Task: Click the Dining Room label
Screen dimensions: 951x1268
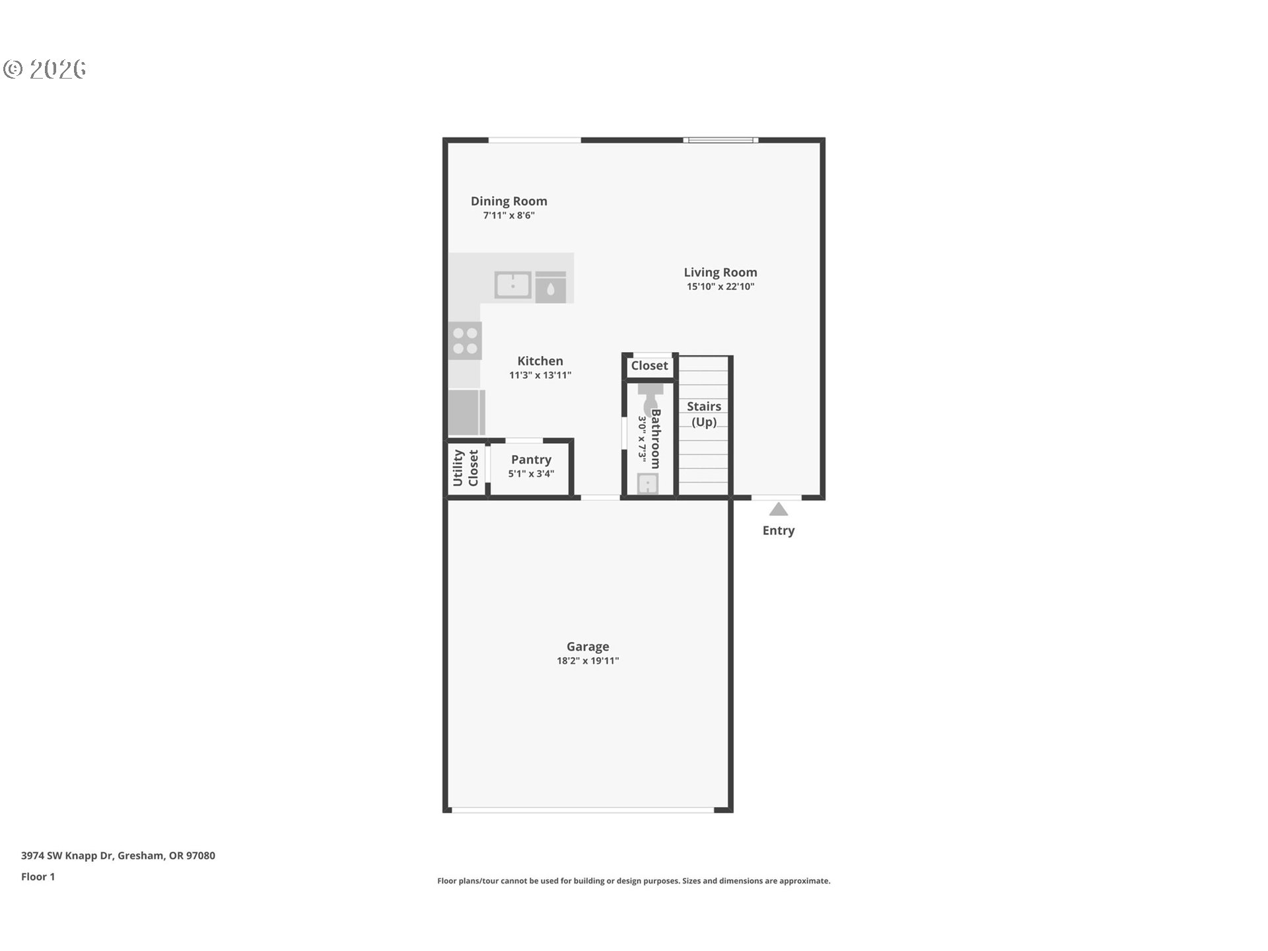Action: [509, 201]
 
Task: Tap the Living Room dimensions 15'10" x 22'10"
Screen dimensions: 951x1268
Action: [720, 287]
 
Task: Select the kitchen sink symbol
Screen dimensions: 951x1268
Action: [512, 285]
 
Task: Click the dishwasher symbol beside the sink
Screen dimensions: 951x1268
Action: [550, 287]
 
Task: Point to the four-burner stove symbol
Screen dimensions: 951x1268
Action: [465, 341]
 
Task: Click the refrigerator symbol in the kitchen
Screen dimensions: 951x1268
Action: [466, 412]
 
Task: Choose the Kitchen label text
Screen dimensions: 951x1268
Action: [540, 361]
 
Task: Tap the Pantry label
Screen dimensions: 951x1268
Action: [531, 460]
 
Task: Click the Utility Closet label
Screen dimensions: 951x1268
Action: [466, 468]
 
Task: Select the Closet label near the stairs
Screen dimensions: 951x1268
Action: [649, 365]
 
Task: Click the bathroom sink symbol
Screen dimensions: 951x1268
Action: [648, 484]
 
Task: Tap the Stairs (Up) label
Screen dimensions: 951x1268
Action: [703, 414]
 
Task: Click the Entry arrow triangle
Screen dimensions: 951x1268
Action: [778, 509]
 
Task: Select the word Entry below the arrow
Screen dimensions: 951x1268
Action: [778, 530]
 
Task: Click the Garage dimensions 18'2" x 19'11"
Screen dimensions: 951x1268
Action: [587, 661]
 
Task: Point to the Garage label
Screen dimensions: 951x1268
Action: [587, 647]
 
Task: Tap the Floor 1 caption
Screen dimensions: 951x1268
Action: [38, 876]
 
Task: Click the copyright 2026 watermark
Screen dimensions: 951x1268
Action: [45, 69]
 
